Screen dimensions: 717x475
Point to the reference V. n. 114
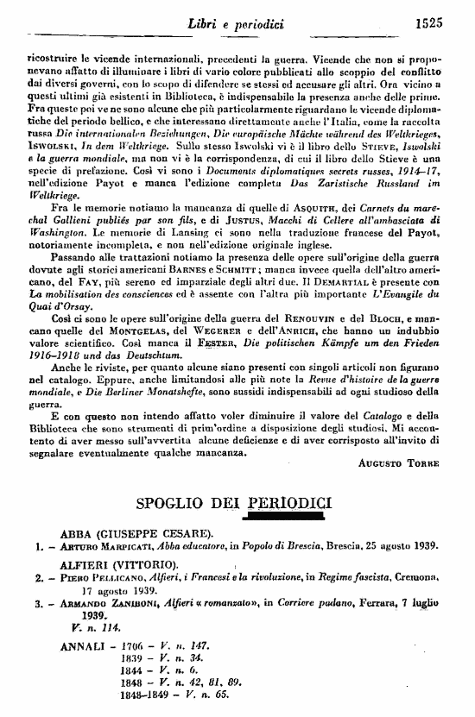[82, 630]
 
